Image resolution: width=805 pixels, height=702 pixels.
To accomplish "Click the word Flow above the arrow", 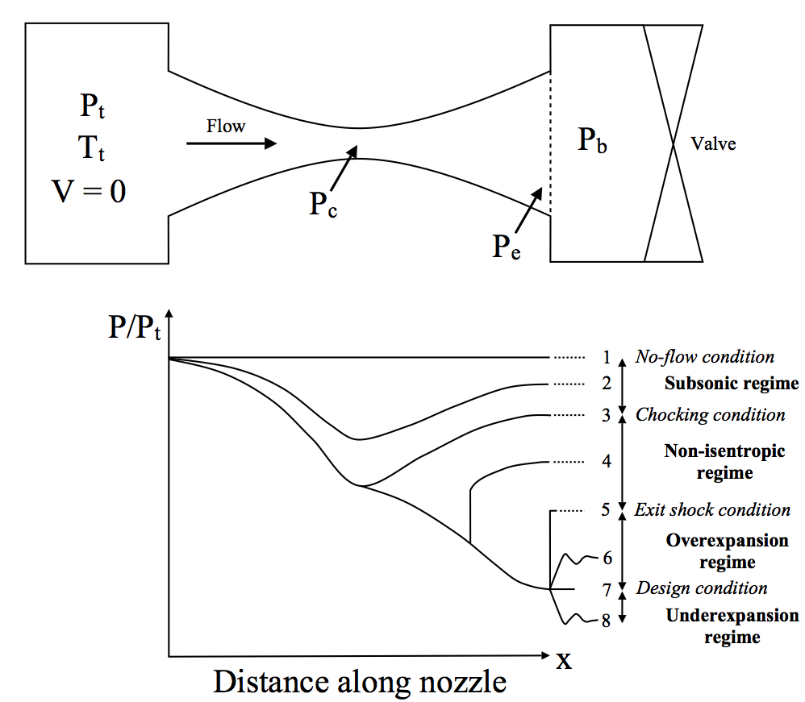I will pyautogui.click(x=226, y=126).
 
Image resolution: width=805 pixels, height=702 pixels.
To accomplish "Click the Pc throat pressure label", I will pyautogui.click(x=323, y=205).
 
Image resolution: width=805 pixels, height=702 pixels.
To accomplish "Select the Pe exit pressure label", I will pyautogui.click(x=507, y=247).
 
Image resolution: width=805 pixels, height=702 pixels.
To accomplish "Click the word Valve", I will pyautogui.click(x=713, y=145).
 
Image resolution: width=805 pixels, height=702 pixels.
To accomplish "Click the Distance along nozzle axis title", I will pyautogui.click(x=360, y=682).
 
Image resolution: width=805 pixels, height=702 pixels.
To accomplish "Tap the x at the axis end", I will pyautogui.click(x=564, y=660).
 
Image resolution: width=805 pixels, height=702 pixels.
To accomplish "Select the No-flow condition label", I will pyautogui.click(x=704, y=356).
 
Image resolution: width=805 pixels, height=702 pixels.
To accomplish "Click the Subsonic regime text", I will pyautogui.click(x=731, y=384).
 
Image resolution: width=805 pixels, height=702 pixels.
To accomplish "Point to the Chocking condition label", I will pyautogui.click(x=710, y=414).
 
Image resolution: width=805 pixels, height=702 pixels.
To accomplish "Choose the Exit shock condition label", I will pyautogui.click(x=712, y=509).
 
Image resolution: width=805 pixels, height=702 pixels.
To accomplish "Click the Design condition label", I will pyautogui.click(x=701, y=588).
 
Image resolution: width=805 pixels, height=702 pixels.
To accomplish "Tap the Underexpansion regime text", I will pyautogui.click(x=732, y=626).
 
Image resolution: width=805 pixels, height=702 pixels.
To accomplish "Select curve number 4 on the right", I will pyautogui.click(x=606, y=462).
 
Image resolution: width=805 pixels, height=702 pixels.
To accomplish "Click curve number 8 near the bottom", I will pyautogui.click(x=605, y=621).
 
